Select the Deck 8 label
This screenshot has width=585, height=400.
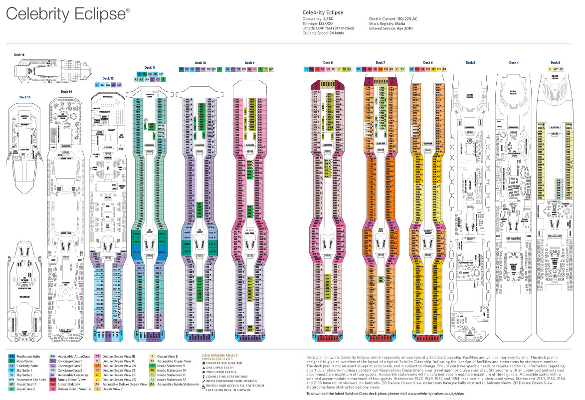(328, 62)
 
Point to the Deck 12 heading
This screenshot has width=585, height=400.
(108, 78)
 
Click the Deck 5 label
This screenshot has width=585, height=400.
(470, 62)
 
